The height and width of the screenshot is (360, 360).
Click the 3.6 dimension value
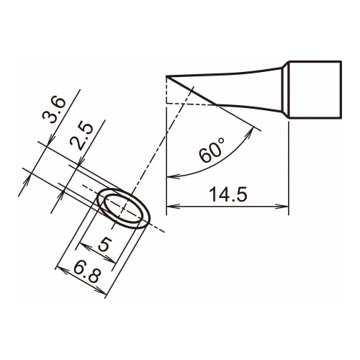point(54,110)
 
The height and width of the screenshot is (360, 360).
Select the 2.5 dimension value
point(81,137)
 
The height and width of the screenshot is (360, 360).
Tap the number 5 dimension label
point(104,244)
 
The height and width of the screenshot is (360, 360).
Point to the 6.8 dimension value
point(86,274)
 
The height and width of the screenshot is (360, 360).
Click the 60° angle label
point(212,150)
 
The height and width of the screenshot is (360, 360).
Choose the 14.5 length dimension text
point(228,194)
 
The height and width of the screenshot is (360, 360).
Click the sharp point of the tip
point(166,76)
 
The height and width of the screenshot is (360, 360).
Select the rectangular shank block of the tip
point(315,89)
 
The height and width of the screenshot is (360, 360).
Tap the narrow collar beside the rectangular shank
point(284,89)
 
